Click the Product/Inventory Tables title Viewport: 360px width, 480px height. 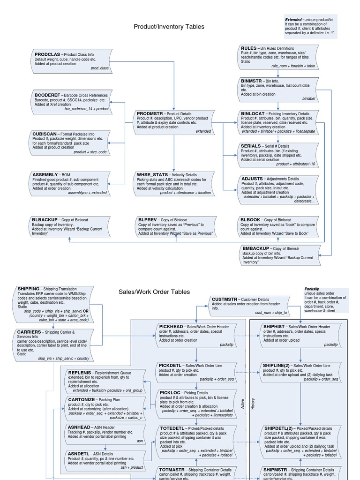[169, 27]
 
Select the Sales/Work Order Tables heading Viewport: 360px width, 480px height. [154, 292]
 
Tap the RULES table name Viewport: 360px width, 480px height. [248, 48]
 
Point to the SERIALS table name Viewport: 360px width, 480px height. [251, 146]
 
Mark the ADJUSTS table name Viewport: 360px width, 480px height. [252, 179]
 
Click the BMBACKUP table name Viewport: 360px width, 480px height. [256, 248]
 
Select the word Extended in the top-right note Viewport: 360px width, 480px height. [293, 20]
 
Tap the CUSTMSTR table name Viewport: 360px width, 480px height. [225, 299]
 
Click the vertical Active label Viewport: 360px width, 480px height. [242, 404]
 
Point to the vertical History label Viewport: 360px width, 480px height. [253, 404]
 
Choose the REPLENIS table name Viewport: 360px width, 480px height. [80, 372]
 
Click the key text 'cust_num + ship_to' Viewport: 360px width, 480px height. [270, 313]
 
